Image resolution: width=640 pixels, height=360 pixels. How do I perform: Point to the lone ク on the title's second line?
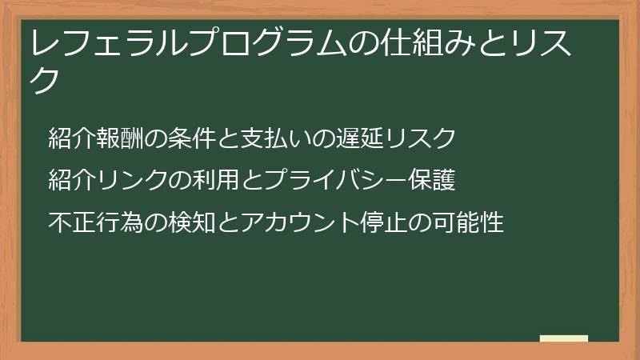47,81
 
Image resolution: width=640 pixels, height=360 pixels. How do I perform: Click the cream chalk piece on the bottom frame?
564,338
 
